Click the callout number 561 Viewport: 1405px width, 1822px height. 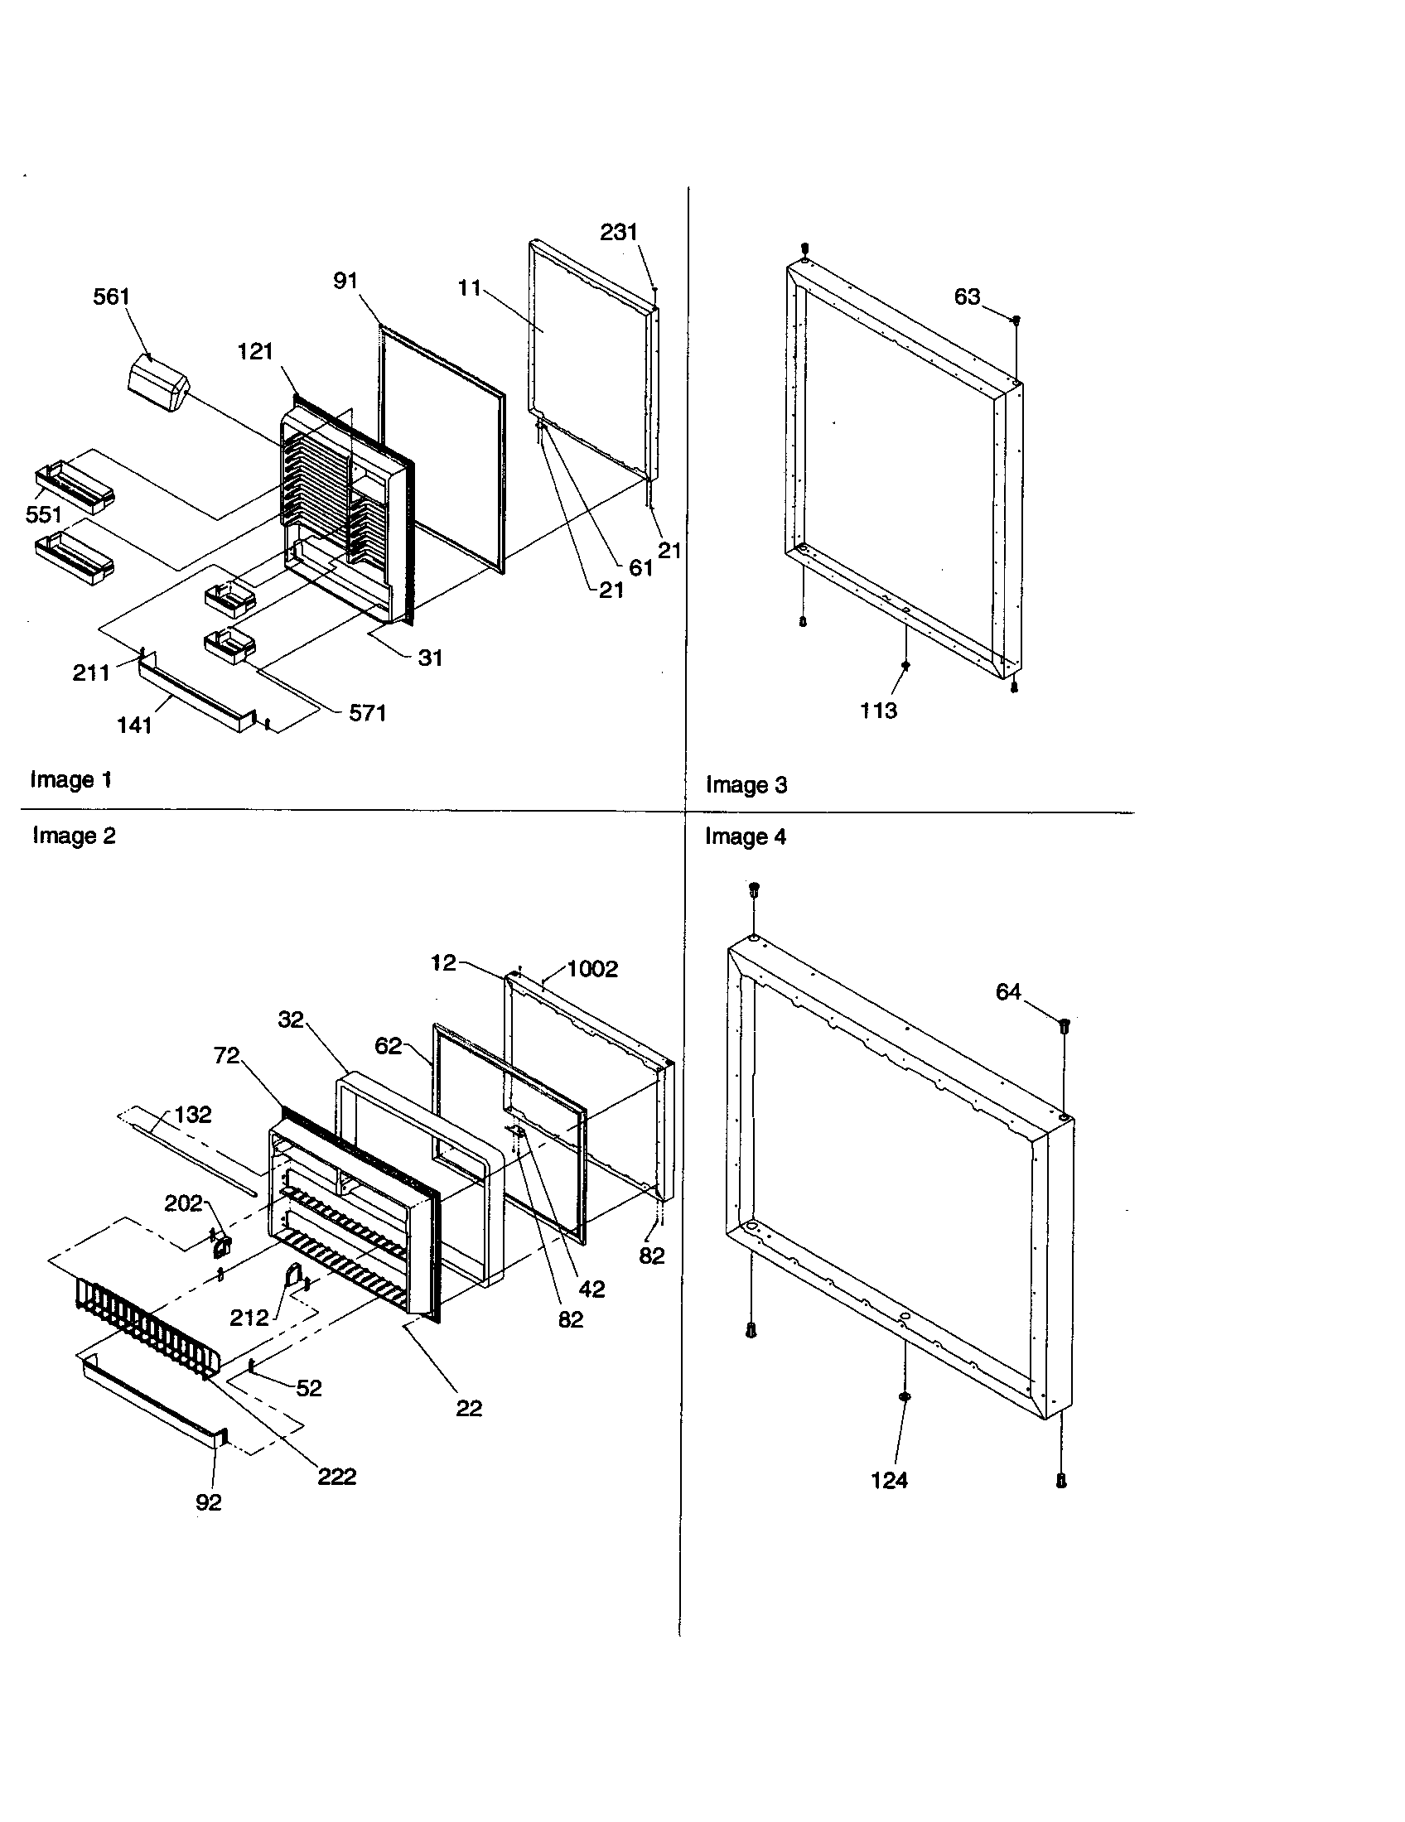[111, 297]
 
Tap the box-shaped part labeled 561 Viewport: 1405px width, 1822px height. [158, 383]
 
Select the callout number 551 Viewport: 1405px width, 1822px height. [43, 514]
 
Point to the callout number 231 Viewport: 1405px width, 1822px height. [619, 232]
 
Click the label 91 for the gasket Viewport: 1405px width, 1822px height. [345, 281]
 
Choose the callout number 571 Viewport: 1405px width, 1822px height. [367, 713]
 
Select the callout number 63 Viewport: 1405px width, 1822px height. [967, 297]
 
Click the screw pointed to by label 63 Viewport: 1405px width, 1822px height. [1016, 320]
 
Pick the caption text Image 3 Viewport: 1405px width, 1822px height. [746, 785]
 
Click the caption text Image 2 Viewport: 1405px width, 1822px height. [74, 836]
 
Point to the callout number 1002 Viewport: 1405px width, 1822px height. [592, 969]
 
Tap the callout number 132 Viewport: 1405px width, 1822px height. [193, 1115]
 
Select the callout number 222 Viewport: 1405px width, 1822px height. [337, 1477]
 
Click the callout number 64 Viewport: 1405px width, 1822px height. [1008, 992]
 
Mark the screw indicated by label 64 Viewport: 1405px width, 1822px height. [1065, 1025]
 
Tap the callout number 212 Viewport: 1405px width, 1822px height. [249, 1318]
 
